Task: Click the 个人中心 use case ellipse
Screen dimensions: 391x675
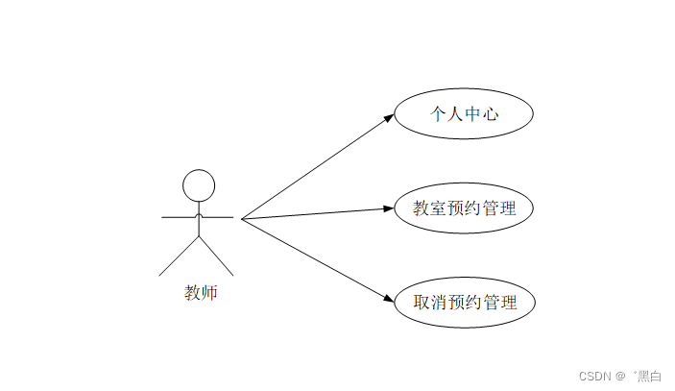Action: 464,114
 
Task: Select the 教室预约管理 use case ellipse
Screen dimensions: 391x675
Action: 464,208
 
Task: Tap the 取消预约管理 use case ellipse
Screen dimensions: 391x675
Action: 464,303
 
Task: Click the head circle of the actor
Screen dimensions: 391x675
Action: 199,184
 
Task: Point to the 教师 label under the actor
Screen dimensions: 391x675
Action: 201,293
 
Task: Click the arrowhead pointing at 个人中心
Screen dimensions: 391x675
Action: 389,118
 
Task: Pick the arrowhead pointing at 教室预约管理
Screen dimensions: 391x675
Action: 389,208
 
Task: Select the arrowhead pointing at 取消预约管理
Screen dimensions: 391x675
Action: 389,298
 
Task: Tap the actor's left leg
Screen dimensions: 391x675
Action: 179,257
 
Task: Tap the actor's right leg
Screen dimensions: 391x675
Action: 217,257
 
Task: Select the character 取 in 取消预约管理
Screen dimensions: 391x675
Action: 422,303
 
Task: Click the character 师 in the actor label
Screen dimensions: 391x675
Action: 209,293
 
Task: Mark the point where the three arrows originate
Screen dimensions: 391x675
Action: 242,219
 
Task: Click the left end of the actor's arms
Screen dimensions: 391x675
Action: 163,218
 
